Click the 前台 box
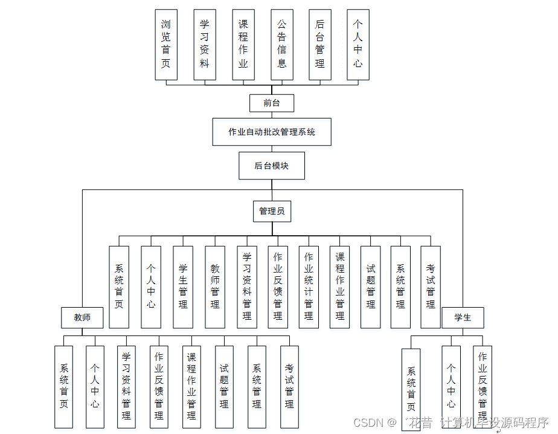point(272,103)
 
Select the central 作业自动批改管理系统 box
point(272,132)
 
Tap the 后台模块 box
point(272,166)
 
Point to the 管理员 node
point(272,211)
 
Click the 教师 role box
point(82,317)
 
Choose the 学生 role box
point(463,317)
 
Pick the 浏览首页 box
point(166,45)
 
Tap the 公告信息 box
point(282,45)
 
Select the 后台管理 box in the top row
point(320,45)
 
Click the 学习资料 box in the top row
point(205,45)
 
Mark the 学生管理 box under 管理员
point(183,287)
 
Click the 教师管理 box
point(215,287)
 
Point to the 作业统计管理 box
point(309,287)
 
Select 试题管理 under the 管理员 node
point(371,287)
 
